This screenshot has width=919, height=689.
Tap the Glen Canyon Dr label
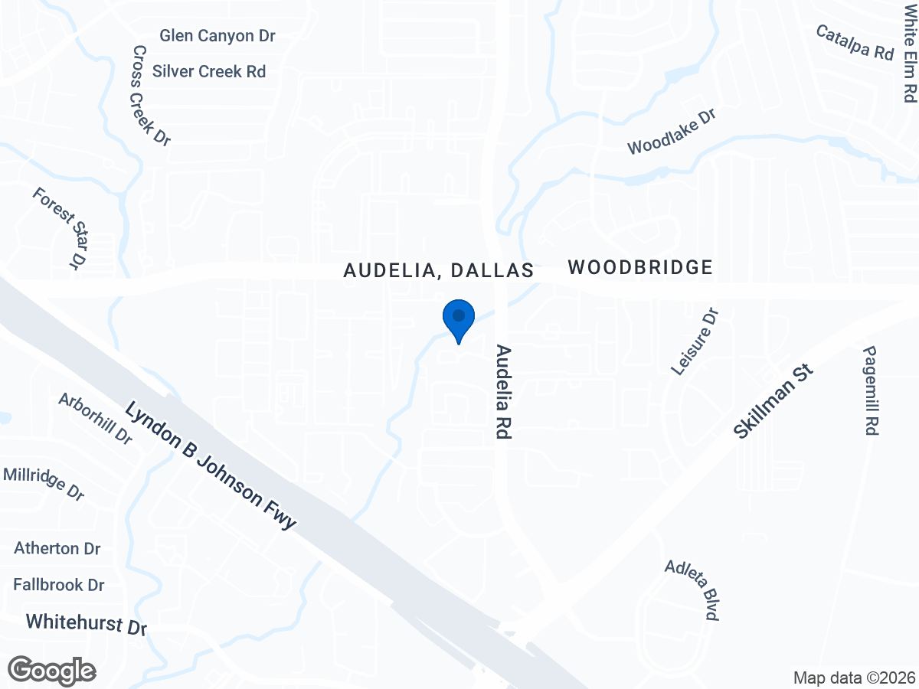(217, 36)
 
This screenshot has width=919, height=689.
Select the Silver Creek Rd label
(209, 71)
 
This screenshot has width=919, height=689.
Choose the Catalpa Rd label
(855, 42)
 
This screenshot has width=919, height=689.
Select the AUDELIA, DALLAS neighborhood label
(438, 270)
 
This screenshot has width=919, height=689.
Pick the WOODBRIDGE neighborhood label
(640, 267)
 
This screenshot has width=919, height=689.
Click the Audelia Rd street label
(503, 391)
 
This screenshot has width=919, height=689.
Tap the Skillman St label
(772, 401)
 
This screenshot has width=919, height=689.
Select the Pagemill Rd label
(870, 390)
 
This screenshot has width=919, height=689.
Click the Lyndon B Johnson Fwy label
(210, 465)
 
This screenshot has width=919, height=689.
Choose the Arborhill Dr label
(96, 418)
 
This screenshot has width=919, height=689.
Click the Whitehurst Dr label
(86, 623)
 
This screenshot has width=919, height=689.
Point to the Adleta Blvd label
(692, 589)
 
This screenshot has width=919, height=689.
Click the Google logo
(52, 670)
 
